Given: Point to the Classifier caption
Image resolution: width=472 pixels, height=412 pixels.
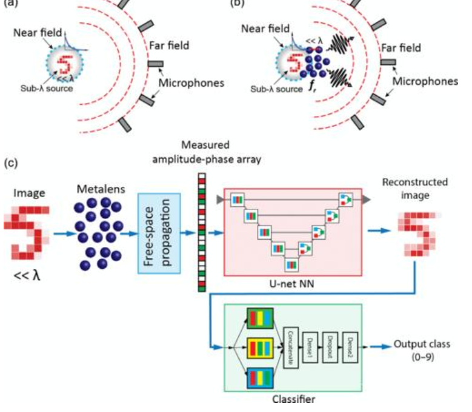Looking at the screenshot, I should coord(293,399).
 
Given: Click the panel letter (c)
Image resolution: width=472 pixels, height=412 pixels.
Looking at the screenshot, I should coord(11,164).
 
